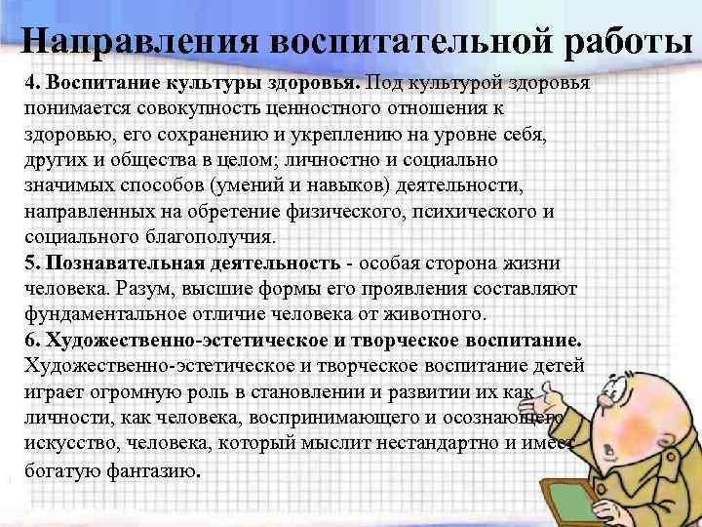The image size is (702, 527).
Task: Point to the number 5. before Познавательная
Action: [32, 263]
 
